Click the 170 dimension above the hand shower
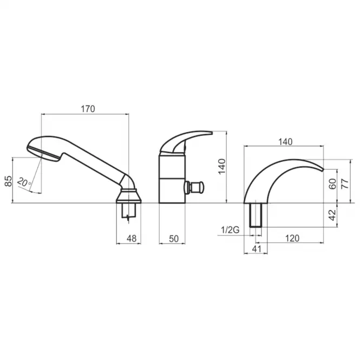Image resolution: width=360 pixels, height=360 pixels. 88,109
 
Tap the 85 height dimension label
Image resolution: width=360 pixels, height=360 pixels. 8,181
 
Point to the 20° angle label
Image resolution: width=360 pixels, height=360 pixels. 24,182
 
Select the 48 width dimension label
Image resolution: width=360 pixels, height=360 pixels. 132,239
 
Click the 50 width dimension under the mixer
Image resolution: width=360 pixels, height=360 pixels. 174,239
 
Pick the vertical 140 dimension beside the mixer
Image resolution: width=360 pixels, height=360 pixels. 222,167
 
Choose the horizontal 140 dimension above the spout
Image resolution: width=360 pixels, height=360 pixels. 285,142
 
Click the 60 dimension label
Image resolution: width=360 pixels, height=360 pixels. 332,184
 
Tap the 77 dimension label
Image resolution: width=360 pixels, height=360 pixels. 345,184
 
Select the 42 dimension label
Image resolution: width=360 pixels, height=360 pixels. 332,215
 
